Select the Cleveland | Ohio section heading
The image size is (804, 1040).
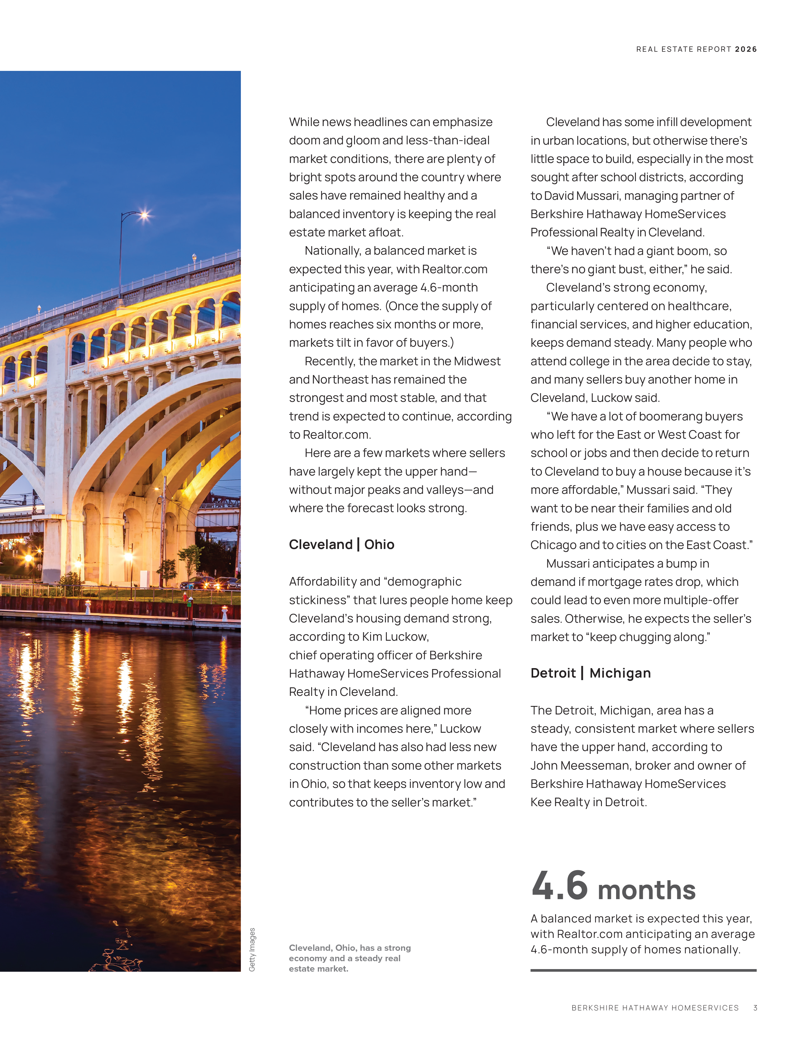coord(341,544)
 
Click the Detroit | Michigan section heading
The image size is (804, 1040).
coord(591,673)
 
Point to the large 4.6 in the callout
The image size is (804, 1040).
coord(560,886)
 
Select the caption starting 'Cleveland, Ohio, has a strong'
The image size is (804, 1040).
coord(350,958)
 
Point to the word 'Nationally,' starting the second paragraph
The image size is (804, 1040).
coord(333,251)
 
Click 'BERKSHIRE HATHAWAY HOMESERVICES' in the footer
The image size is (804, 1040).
coord(655,1008)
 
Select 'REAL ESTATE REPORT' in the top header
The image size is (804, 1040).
coord(684,49)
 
